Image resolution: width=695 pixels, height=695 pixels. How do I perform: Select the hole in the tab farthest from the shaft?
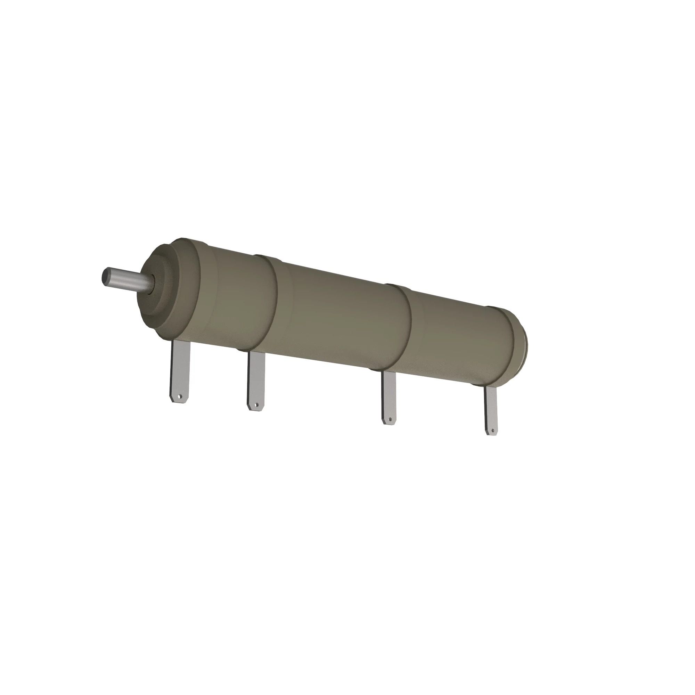point(492,430)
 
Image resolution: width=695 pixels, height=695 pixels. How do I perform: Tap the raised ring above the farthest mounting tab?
point(507,345)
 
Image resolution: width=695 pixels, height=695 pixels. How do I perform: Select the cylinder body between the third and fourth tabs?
point(457,338)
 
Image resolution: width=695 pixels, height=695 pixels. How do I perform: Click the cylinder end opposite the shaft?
point(523,345)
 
